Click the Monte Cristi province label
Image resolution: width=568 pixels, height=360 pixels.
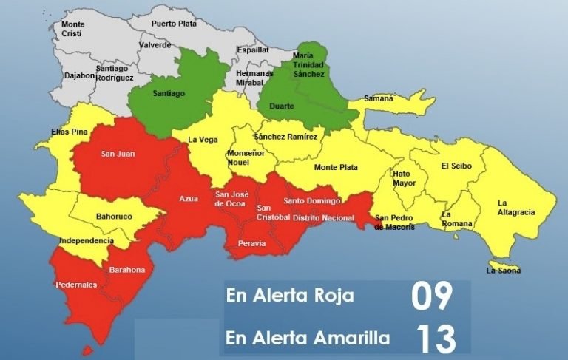click(x=72, y=29)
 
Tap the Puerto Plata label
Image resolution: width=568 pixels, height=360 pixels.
click(x=174, y=24)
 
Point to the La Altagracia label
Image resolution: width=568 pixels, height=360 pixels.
click(x=515, y=207)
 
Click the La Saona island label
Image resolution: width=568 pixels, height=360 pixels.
click(x=503, y=271)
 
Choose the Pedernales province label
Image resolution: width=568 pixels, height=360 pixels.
click(x=76, y=285)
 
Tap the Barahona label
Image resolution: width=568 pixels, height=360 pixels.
click(x=127, y=270)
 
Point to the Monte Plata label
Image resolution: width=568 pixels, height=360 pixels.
click(x=336, y=168)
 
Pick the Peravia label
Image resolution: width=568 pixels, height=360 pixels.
click(x=251, y=243)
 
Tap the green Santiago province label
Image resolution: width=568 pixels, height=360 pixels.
click(x=169, y=94)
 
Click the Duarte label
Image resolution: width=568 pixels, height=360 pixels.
click(x=283, y=106)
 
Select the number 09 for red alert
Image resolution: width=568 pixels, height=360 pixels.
click(x=432, y=296)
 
